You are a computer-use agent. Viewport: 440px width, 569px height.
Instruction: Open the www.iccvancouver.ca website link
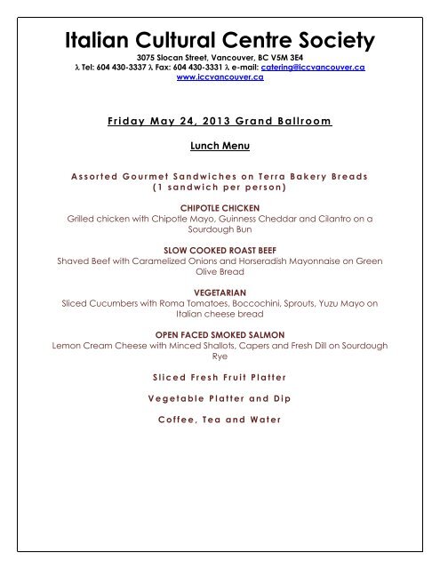tap(220, 77)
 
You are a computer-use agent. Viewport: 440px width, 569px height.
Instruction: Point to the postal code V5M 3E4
tap(284, 56)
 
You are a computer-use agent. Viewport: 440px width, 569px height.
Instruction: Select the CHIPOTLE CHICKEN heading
tap(220, 206)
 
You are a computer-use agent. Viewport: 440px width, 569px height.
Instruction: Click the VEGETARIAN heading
tap(220, 292)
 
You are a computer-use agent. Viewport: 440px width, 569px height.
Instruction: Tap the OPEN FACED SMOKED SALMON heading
tap(220, 334)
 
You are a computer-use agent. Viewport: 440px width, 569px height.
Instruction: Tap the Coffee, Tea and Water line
tap(220, 421)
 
